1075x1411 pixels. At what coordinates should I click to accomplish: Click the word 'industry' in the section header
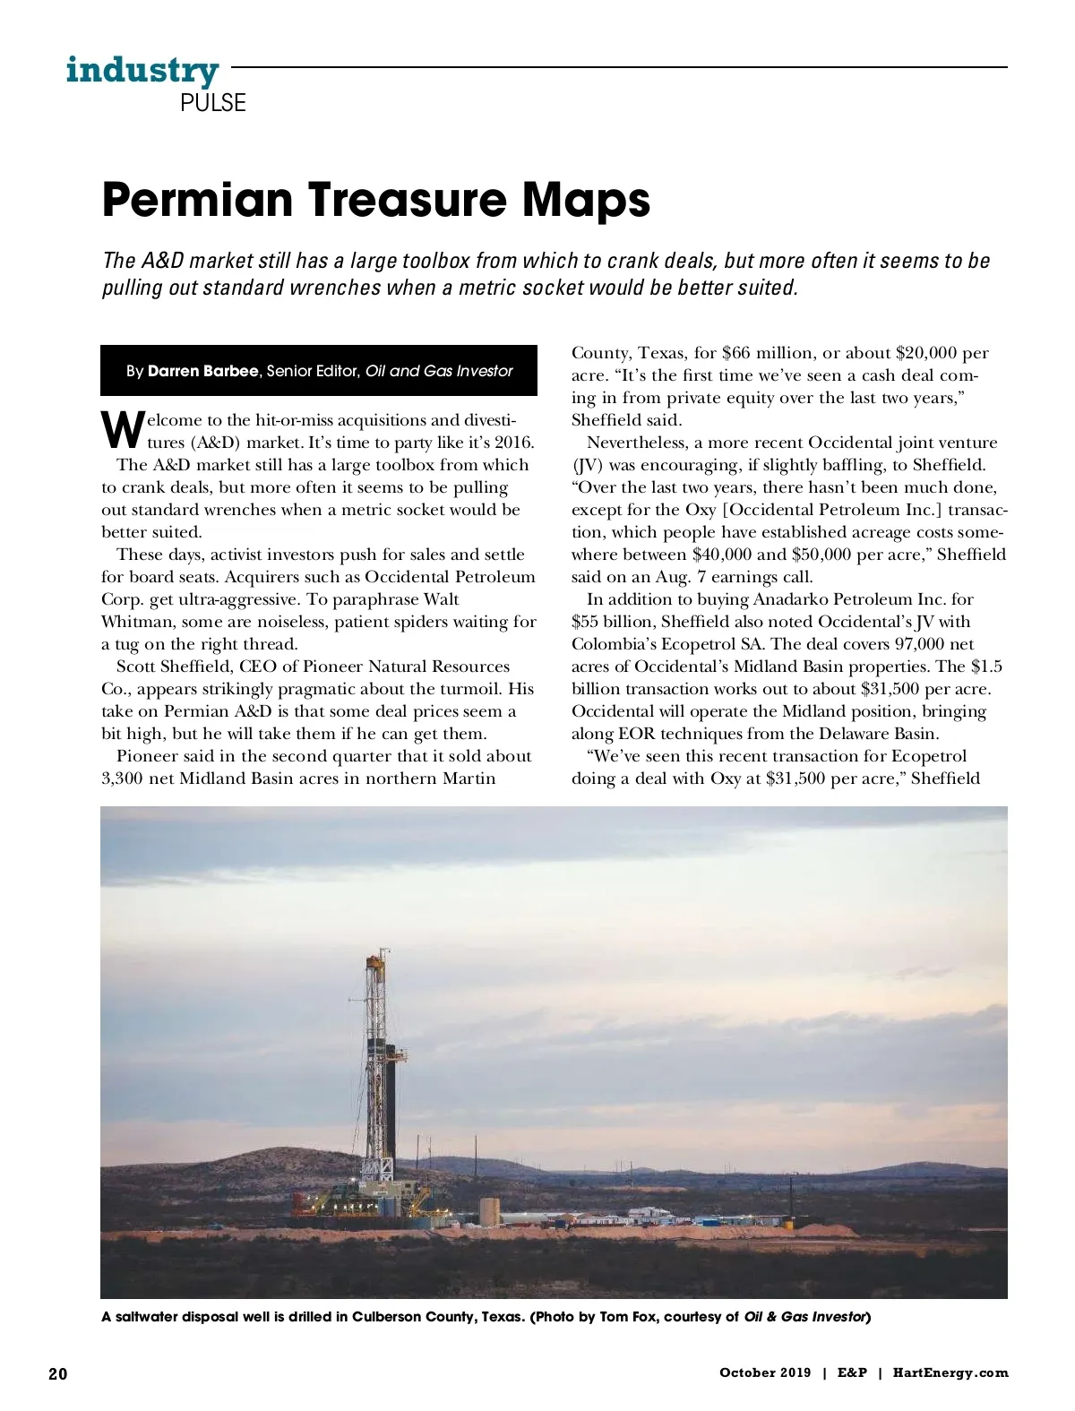click(142, 70)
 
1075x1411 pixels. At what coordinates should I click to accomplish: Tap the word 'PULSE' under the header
click(212, 103)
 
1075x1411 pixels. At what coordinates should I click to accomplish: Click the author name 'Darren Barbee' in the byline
click(202, 371)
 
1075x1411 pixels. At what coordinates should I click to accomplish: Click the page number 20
click(57, 1373)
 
